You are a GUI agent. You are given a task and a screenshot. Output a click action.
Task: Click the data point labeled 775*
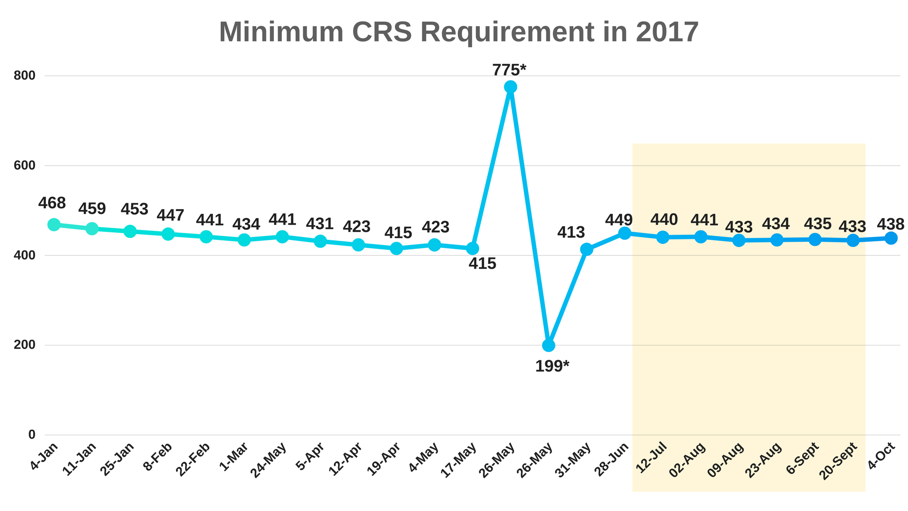click(510, 87)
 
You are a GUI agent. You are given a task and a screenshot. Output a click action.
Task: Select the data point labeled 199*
click(549, 345)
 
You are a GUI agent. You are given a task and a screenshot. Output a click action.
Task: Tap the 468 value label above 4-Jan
click(52, 203)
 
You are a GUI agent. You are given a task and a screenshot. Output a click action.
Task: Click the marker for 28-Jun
click(625, 233)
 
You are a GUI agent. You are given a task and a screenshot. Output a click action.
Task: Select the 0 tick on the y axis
click(32, 434)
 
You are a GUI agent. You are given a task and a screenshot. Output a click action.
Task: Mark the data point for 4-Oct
click(891, 238)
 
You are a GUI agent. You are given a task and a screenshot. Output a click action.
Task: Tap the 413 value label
click(571, 232)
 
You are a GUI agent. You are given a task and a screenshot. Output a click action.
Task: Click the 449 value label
click(619, 220)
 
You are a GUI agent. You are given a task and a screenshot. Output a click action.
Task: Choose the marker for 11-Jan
click(92, 229)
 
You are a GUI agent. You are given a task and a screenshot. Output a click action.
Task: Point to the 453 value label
click(135, 209)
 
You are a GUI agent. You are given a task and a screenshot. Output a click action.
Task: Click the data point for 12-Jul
click(663, 237)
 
